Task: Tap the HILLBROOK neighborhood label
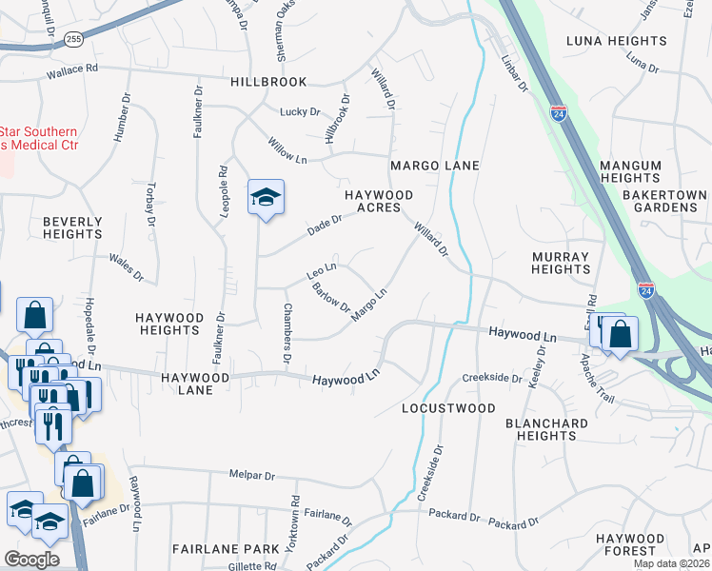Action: point(268,83)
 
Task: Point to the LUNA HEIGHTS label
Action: point(616,41)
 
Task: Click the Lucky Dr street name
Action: point(300,112)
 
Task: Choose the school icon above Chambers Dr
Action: point(267,197)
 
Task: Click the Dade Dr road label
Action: point(324,225)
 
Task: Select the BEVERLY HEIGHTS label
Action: point(72,227)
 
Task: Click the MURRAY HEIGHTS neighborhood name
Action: point(561,263)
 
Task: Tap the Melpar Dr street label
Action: point(251,476)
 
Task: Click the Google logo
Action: point(31,559)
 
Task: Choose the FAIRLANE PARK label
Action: point(226,549)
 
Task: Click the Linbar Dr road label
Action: point(514,73)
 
